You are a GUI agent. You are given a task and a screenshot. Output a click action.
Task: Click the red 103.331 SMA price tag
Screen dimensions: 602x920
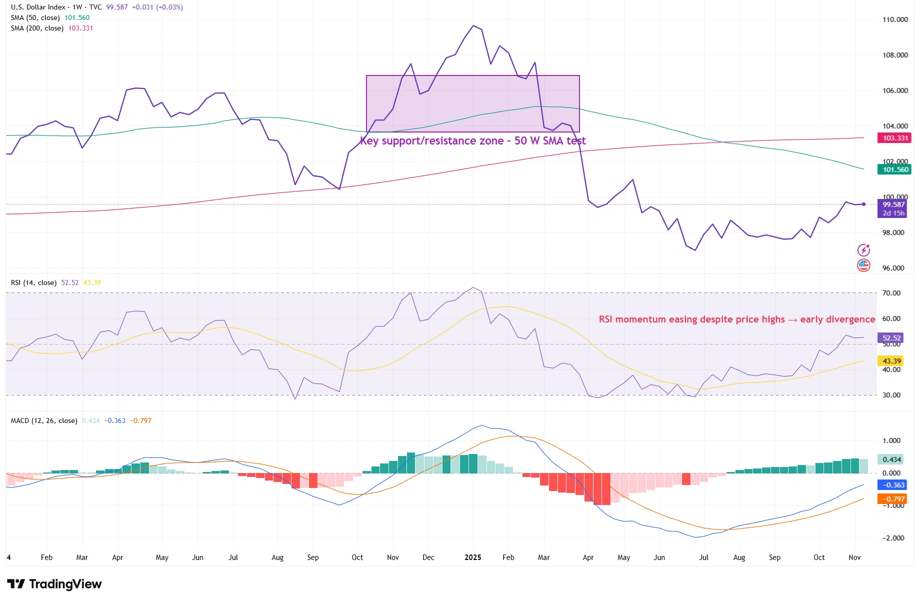point(894,138)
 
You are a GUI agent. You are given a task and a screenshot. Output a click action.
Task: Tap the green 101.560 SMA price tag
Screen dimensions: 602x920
point(894,169)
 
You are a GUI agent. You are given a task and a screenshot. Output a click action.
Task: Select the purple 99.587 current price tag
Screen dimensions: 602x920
point(893,204)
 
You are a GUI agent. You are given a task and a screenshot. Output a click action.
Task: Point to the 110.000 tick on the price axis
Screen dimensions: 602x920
point(895,19)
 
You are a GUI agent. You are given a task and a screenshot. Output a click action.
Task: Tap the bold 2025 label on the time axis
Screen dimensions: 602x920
point(472,557)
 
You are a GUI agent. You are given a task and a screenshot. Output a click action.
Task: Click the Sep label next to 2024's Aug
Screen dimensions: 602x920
point(313,557)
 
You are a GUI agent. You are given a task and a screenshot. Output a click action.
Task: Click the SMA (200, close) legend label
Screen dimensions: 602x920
point(37,28)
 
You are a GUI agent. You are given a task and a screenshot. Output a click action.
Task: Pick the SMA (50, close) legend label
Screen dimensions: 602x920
point(35,17)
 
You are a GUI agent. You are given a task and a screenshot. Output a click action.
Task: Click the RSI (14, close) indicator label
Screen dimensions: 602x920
point(33,282)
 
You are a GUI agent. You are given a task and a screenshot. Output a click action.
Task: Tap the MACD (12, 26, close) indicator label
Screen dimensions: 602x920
point(44,420)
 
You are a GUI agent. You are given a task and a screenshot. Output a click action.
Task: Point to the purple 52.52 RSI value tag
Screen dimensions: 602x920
point(891,338)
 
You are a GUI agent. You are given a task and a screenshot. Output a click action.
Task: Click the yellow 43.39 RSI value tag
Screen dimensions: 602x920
point(891,361)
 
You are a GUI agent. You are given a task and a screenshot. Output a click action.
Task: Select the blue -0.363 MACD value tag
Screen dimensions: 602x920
point(893,485)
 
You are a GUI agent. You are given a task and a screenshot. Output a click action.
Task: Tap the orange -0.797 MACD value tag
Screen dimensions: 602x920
point(893,499)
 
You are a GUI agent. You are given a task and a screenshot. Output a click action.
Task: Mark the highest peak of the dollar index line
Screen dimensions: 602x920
point(473,25)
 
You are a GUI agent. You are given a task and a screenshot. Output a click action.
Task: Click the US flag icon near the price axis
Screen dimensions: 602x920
point(863,265)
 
